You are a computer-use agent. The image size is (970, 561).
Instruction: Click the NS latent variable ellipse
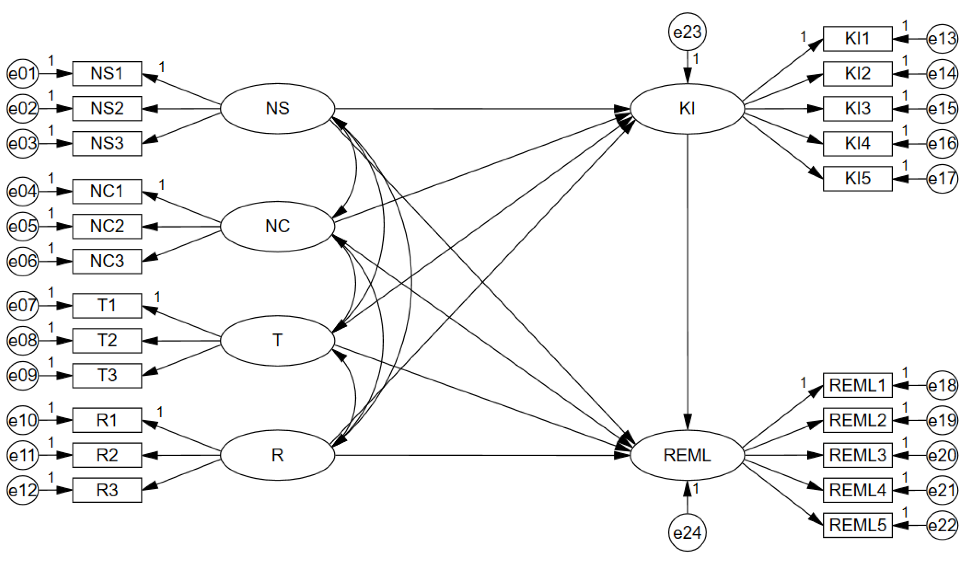[277, 108]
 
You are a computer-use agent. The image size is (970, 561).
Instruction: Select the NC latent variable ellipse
[277, 226]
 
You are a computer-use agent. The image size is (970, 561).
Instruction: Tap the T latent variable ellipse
[277, 340]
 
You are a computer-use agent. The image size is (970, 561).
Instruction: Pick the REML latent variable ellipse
[687, 455]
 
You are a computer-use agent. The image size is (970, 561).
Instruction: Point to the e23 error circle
[687, 32]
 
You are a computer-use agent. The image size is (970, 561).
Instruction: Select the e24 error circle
[687, 533]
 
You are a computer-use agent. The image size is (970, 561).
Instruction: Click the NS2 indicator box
[107, 108]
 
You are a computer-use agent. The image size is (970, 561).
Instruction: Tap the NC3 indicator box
[107, 261]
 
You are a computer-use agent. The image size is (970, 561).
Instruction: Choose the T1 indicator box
[107, 305]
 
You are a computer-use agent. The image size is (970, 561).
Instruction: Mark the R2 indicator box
[107, 455]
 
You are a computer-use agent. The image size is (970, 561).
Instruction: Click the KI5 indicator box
[858, 179]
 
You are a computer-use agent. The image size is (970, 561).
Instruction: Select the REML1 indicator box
[858, 385]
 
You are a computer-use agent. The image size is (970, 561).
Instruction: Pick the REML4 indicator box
[858, 490]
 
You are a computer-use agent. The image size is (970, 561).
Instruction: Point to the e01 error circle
[23, 73]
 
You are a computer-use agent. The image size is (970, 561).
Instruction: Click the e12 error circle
[23, 490]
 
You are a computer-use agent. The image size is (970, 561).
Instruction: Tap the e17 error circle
[942, 179]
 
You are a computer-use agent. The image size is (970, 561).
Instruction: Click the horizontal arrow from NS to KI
[481, 109]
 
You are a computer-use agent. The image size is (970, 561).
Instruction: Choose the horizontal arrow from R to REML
[481, 456]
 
